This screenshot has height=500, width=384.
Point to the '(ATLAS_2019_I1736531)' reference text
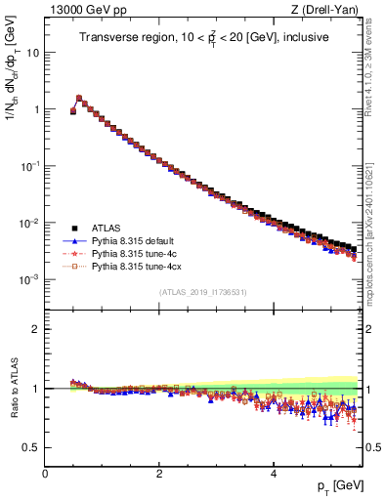pos(202,292)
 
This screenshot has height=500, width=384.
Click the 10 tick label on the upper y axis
pos(33,53)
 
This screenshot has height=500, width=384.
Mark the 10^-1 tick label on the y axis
pos(30,166)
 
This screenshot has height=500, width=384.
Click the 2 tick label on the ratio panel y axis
pos(36,329)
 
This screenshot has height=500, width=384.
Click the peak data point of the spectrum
pos(79,98)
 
